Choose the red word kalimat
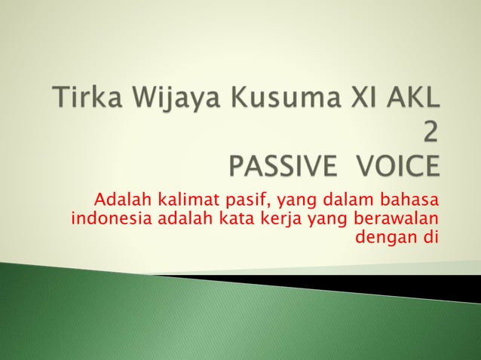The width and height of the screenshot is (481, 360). pyautogui.click(x=181, y=200)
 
